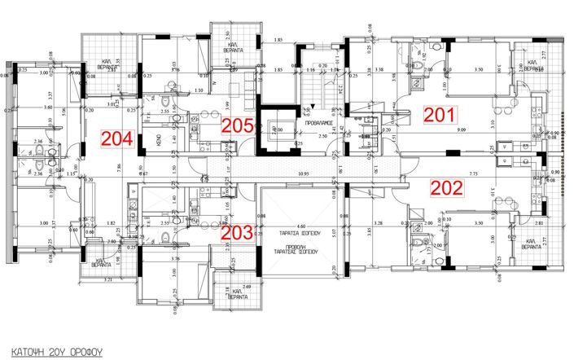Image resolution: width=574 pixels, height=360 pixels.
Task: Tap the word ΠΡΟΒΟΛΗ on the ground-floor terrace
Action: [299, 245]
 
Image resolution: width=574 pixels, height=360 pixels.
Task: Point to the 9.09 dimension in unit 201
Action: [461, 130]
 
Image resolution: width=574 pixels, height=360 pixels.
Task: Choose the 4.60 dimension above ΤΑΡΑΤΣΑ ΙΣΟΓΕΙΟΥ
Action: [299, 214]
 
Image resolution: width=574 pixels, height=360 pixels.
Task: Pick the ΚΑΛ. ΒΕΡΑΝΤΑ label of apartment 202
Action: [535, 243]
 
